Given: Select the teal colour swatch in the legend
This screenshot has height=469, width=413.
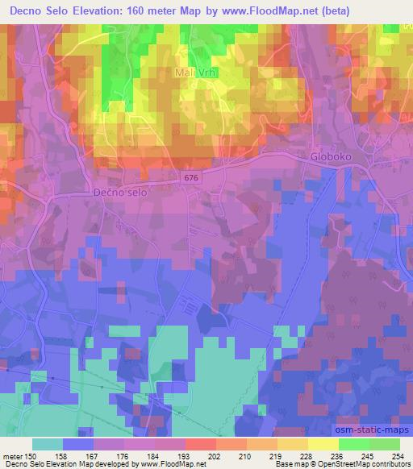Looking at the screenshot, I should (x=48, y=444).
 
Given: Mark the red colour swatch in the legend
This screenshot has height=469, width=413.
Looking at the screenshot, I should (x=201, y=444).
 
